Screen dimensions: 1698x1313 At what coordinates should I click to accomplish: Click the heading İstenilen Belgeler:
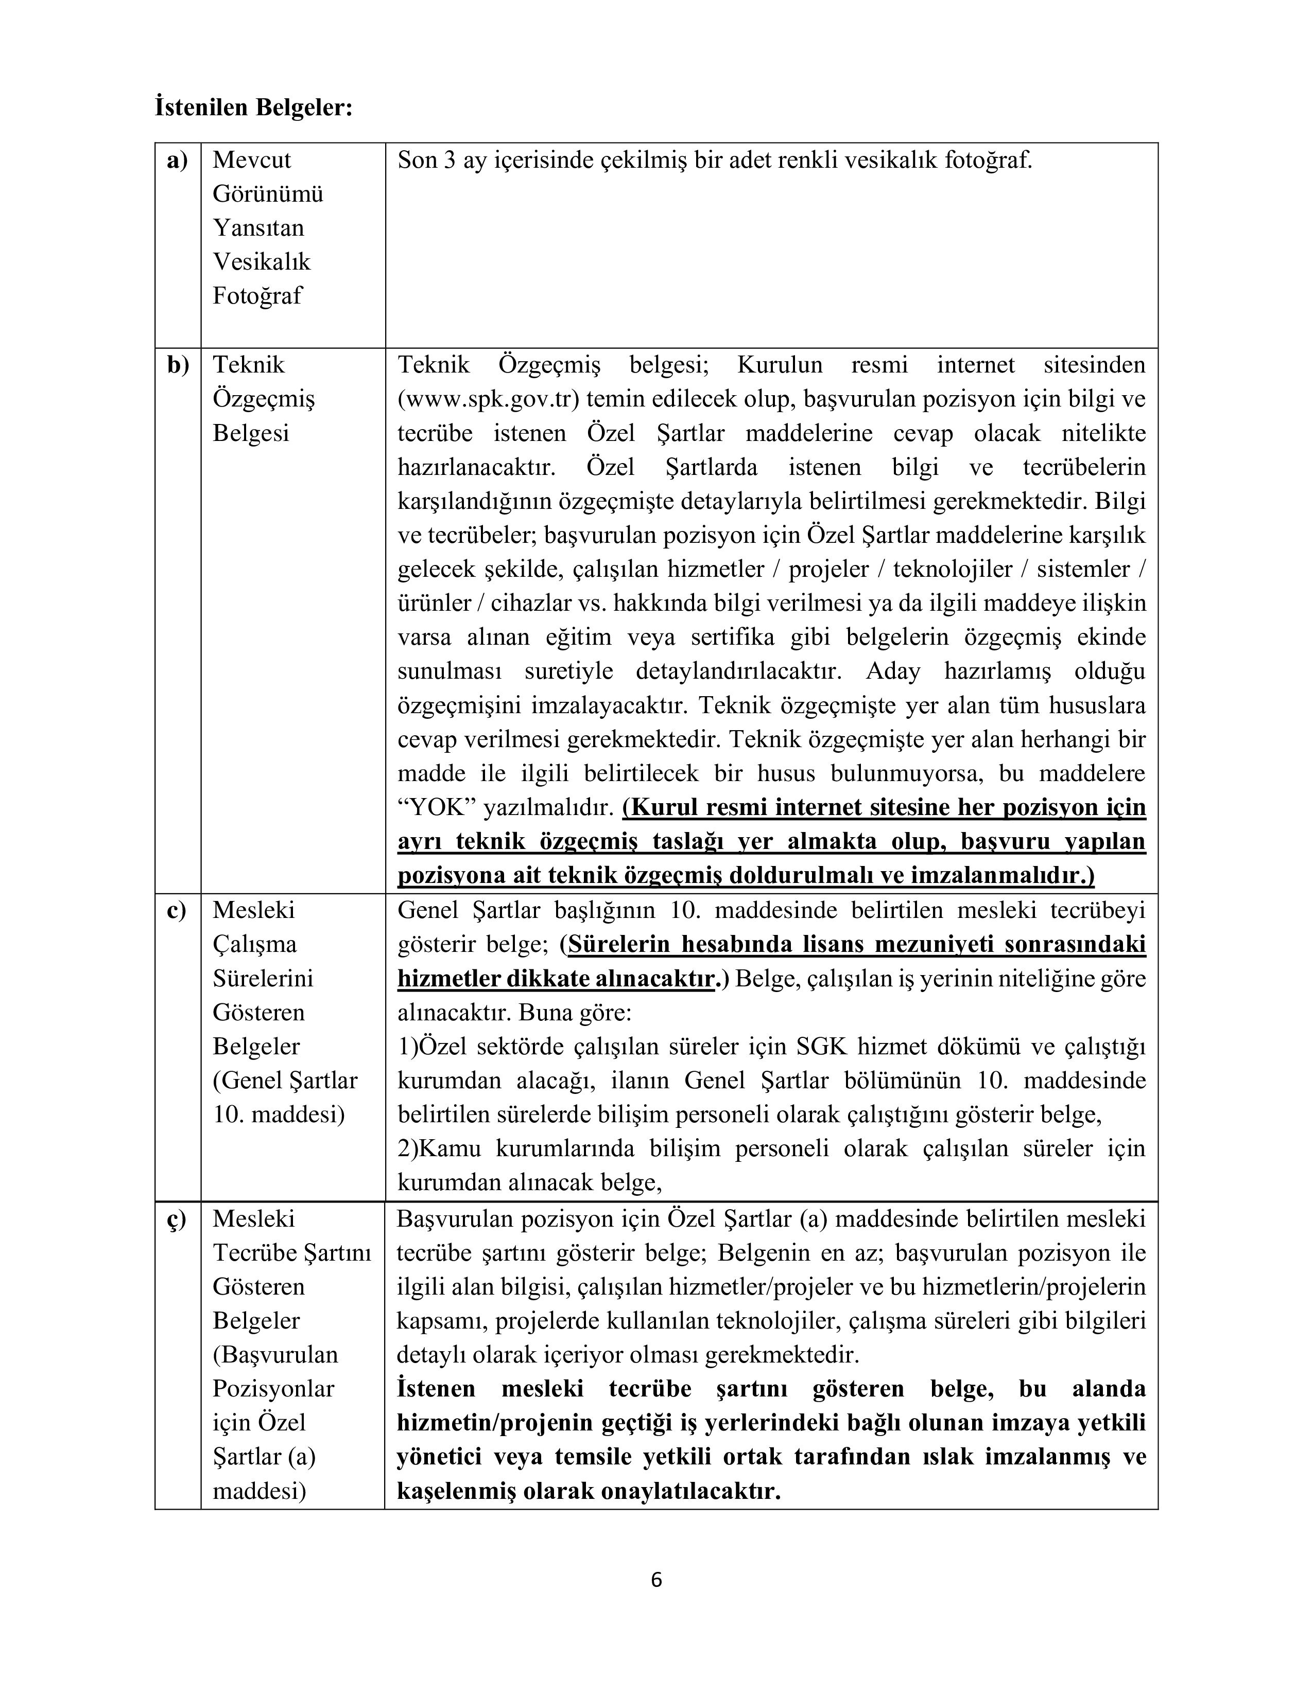tap(253, 108)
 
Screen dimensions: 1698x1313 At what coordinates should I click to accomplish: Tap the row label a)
tap(177, 160)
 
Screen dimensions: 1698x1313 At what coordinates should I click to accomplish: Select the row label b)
tap(177, 365)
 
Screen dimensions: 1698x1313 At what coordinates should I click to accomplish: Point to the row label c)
tap(177, 910)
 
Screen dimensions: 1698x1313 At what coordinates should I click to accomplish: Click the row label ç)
tap(177, 1219)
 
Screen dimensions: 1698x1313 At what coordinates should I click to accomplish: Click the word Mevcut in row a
tap(251, 160)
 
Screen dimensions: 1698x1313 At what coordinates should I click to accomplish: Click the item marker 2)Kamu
tap(439, 1149)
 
